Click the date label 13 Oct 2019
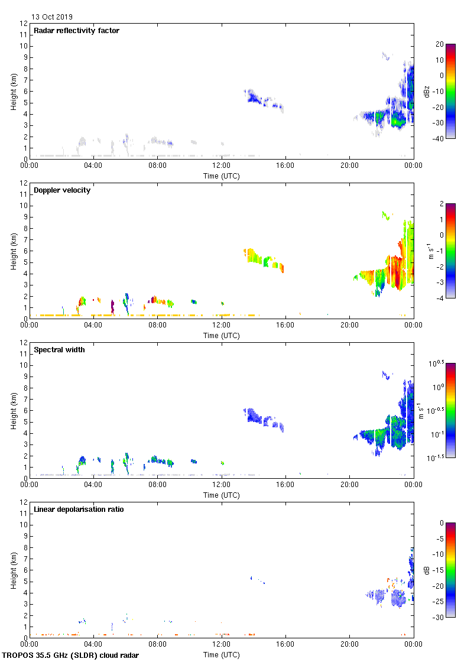pos(52,17)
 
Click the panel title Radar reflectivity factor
pos(76,31)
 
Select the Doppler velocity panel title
pos(62,190)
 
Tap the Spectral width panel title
pos(60,350)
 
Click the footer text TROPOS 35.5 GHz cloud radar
pos(71,655)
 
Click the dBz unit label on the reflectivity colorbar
pos(427,91)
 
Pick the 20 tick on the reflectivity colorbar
pos(439,44)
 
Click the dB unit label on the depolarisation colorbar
pos(427,570)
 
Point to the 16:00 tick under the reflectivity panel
pos(285,166)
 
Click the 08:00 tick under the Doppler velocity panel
pos(158,326)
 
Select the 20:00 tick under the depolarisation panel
pos(349,645)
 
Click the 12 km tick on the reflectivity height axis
pos(23,24)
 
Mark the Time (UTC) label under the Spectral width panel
pos(222,495)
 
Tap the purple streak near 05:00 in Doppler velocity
pos(112,306)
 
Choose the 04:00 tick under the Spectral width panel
pos(93,485)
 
